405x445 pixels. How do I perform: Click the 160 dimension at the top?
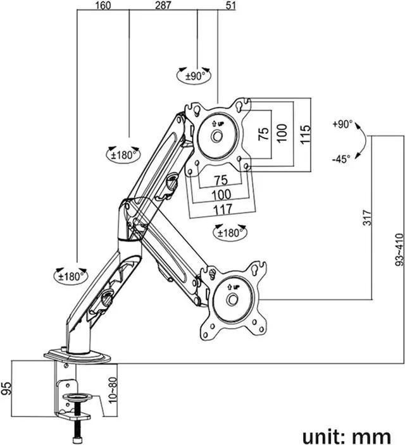(103, 6)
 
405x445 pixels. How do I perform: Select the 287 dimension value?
(163, 6)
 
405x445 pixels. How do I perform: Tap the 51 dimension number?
(230, 6)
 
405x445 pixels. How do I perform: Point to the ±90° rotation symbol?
(194, 75)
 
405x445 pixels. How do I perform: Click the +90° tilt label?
(342, 125)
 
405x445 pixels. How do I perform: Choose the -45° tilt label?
(341, 159)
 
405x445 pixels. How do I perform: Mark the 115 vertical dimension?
(306, 135)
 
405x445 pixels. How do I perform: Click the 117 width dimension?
(223, 209)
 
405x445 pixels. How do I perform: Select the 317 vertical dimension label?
(367, 217)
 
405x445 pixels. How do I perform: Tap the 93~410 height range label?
(399, 250)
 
